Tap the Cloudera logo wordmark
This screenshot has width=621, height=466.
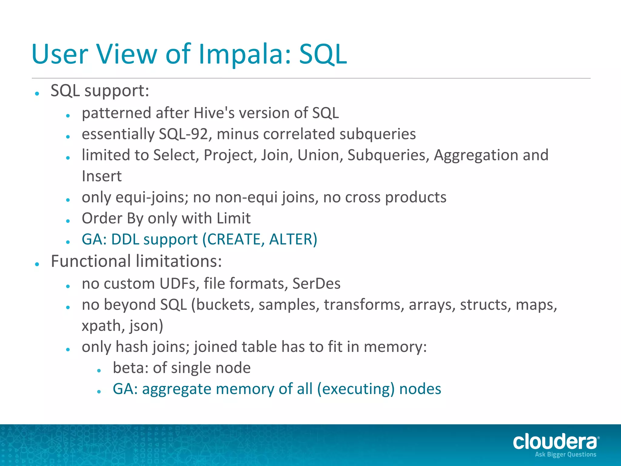(555, 442)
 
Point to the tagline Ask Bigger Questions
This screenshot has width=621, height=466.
(566, 454)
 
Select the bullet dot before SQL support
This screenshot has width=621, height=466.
(37, 93)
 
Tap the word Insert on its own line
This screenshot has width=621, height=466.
(102, 176)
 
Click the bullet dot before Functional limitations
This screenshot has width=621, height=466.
(37, 264)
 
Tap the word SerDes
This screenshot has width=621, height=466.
(316, 284)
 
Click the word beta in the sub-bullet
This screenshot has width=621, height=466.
(130, 368)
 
